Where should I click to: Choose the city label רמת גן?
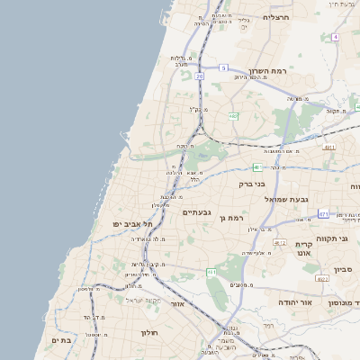click(238, 218)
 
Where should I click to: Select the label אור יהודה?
click(294, 302)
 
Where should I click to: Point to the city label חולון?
click(148, 333)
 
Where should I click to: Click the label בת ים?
click(61, 340)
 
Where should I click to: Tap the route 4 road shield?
click(335, 37)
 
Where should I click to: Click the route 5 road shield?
click(224, 67)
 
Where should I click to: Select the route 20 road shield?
click(199, 76)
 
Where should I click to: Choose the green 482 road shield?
click(233, 116)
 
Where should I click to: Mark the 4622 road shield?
click(320, 278)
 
